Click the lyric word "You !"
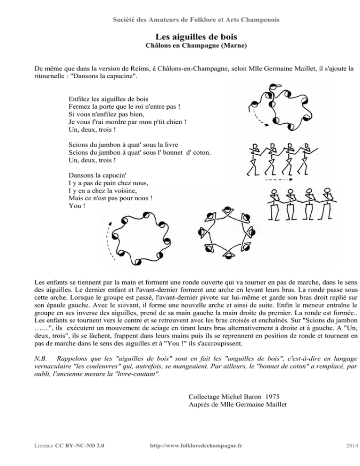pos(77,205)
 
